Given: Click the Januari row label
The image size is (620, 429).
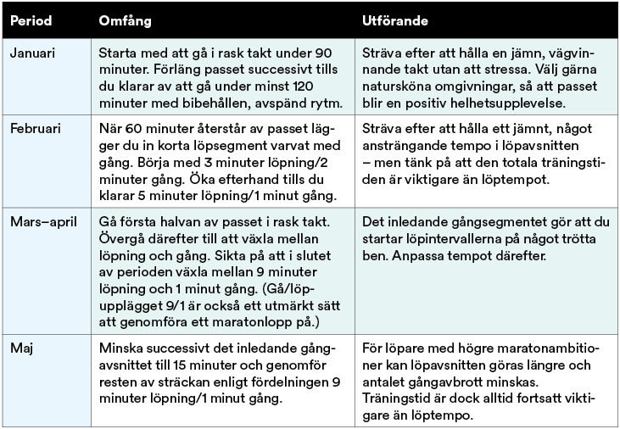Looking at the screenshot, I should (31, 52).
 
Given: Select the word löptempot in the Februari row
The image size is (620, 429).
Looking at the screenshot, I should (522, 179).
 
